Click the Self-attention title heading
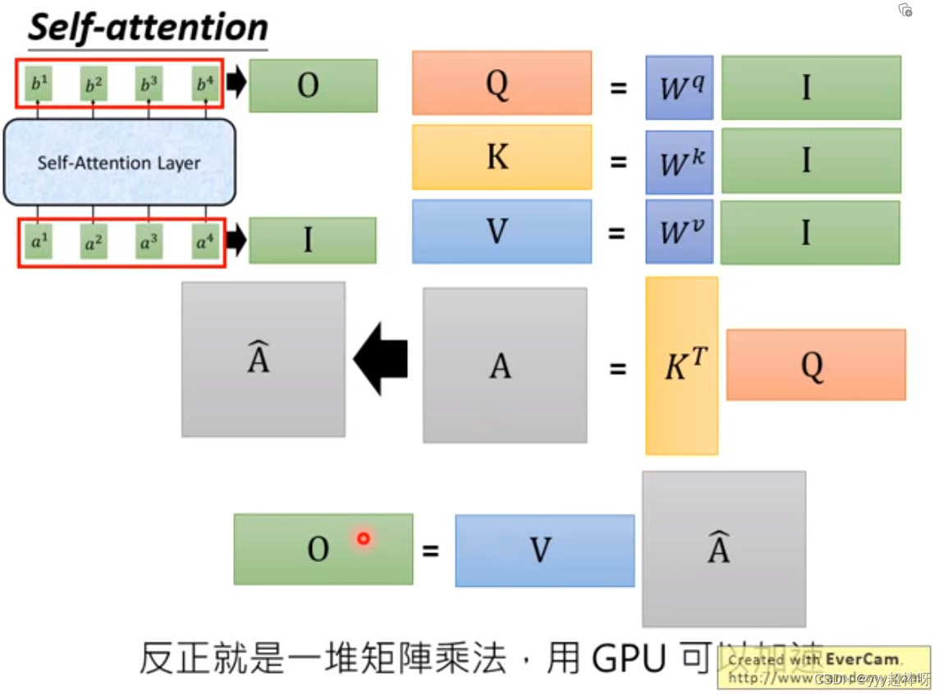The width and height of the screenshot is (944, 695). pos(148,28)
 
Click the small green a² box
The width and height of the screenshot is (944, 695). pos(93,243)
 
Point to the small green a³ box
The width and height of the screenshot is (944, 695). pos(149,243)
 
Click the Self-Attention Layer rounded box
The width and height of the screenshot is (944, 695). pos(119,162)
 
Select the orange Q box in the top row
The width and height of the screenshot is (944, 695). pos(502,83)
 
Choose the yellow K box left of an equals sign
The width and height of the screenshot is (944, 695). pos(502,157)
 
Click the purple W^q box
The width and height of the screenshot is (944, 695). pos(679,86)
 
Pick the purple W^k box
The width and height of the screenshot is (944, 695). pos(679,161)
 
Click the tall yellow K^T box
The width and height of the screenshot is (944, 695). pos(681,366)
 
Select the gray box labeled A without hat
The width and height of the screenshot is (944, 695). pos(504,366)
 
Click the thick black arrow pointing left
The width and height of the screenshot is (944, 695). pos(381,359)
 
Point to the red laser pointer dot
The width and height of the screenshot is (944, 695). pos(363,538)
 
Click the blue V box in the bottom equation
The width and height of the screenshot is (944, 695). pos(544,550)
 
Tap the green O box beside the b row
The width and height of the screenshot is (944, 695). pos(313,85)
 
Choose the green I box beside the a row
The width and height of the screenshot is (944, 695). pos(312,240)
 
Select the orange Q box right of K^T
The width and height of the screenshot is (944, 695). pos(815,365)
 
